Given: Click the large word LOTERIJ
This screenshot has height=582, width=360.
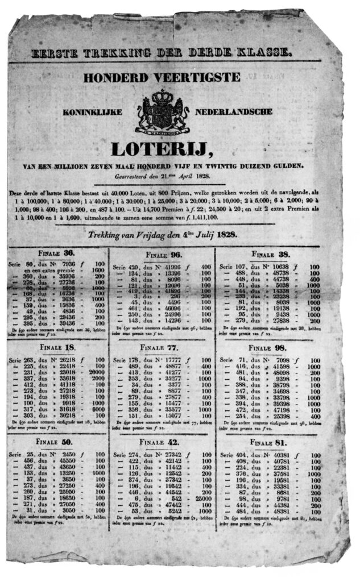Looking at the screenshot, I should [162, 149].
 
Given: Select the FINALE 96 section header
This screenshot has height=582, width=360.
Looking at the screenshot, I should [163, 255].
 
